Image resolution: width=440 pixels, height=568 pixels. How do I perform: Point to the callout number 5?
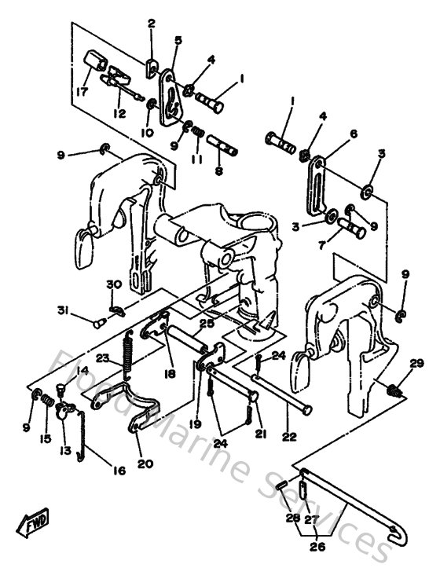(x=178, y=38)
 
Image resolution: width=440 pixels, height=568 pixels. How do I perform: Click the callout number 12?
(x=119, y=113)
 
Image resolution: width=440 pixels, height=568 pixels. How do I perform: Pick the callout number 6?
(x=354, y=134)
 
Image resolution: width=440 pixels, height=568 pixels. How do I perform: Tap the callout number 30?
(x=113, y=284)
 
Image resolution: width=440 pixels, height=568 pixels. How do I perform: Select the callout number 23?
(x=102, y=358)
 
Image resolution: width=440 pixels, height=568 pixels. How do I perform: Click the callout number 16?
(x=119, y=471)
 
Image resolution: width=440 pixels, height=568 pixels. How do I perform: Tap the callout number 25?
(x=207, y=323)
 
